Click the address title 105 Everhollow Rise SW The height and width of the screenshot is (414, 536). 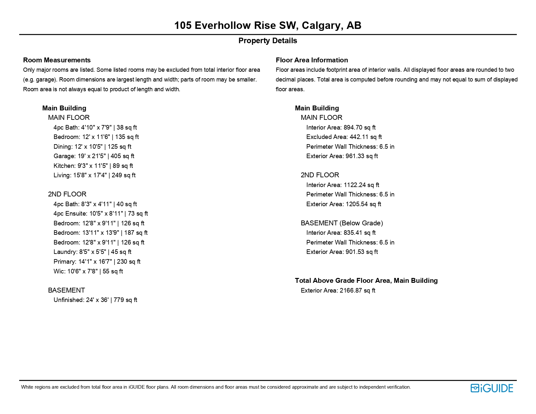point(268,25)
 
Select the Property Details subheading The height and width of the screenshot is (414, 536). point(268,41)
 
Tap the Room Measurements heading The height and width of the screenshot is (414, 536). point(57,60)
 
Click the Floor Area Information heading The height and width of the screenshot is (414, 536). point(312,60)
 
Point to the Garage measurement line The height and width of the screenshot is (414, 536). point(94,156)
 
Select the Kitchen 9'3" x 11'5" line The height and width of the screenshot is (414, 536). point(93,166)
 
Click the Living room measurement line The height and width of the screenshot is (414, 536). point(95,175)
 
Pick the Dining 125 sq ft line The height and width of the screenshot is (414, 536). point(93,147)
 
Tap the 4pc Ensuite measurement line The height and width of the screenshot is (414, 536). point(101,214)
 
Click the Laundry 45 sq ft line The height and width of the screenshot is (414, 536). point(93,252)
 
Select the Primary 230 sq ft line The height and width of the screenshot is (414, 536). point(97,262)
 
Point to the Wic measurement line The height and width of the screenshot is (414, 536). point(88,271)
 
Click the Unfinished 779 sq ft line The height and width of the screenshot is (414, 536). point(96,300)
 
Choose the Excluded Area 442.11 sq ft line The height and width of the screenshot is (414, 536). point(344,137)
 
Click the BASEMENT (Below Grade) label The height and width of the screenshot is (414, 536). point(342,223)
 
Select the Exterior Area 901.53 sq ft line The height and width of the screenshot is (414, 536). point(342,252)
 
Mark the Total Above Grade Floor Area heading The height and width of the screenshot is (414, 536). point(366,281)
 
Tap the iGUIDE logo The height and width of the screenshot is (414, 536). point(492,388)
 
